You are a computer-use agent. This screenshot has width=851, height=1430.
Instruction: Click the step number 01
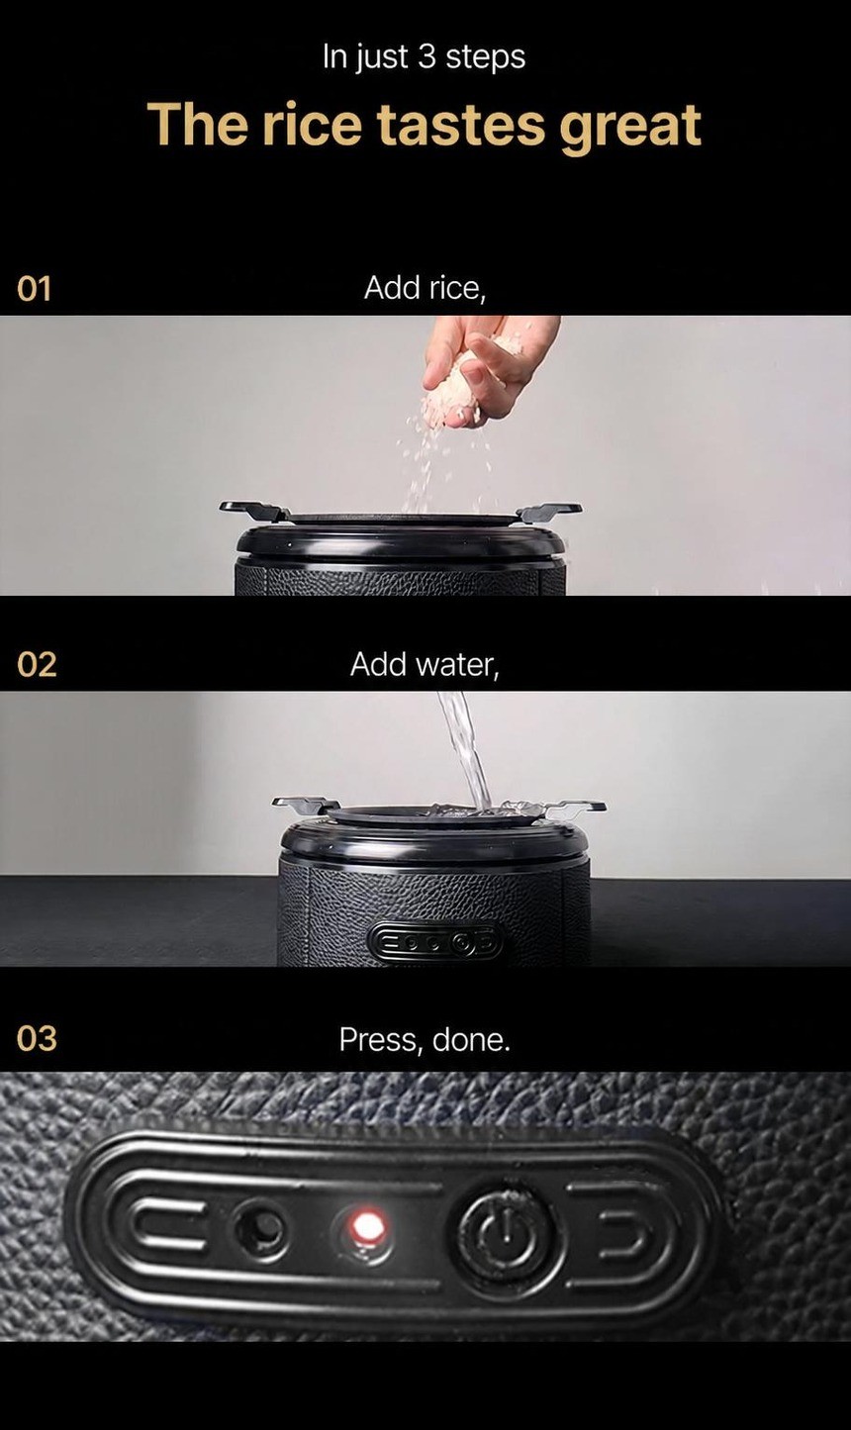pos(34,289)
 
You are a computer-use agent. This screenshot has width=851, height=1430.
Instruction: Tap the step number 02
pos(37,665)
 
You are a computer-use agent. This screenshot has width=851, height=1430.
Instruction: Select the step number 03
pos(37,1039)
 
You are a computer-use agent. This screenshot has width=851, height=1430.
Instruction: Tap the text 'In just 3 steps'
pos(424,57)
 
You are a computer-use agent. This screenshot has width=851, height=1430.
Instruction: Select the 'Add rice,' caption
pos(425,289)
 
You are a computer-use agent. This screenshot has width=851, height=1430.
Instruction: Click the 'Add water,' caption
pos(425,665)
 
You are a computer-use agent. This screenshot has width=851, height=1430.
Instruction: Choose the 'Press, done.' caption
pos(425,1040)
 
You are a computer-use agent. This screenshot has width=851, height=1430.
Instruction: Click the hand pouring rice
pos(489,370)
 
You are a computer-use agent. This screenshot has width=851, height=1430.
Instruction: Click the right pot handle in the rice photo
pos(549,511)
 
